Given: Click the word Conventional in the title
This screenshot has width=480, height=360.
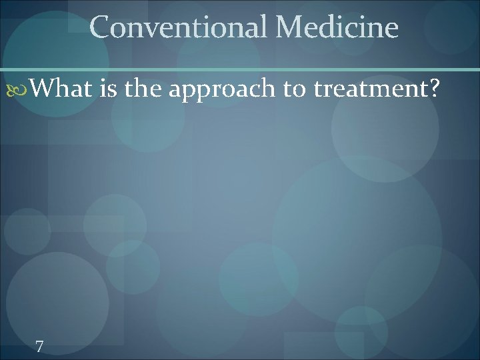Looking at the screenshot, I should [x=177, y=27].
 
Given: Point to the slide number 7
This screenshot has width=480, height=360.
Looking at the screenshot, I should [x=40, y=347].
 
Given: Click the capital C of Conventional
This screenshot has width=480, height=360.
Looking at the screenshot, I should [x=100, y=27].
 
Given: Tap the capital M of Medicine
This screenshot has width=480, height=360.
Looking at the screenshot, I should [x=289, y=27].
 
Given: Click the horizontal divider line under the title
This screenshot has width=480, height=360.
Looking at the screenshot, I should [x=240, y=69].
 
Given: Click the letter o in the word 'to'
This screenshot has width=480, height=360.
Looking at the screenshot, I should [x=300, y=89].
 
